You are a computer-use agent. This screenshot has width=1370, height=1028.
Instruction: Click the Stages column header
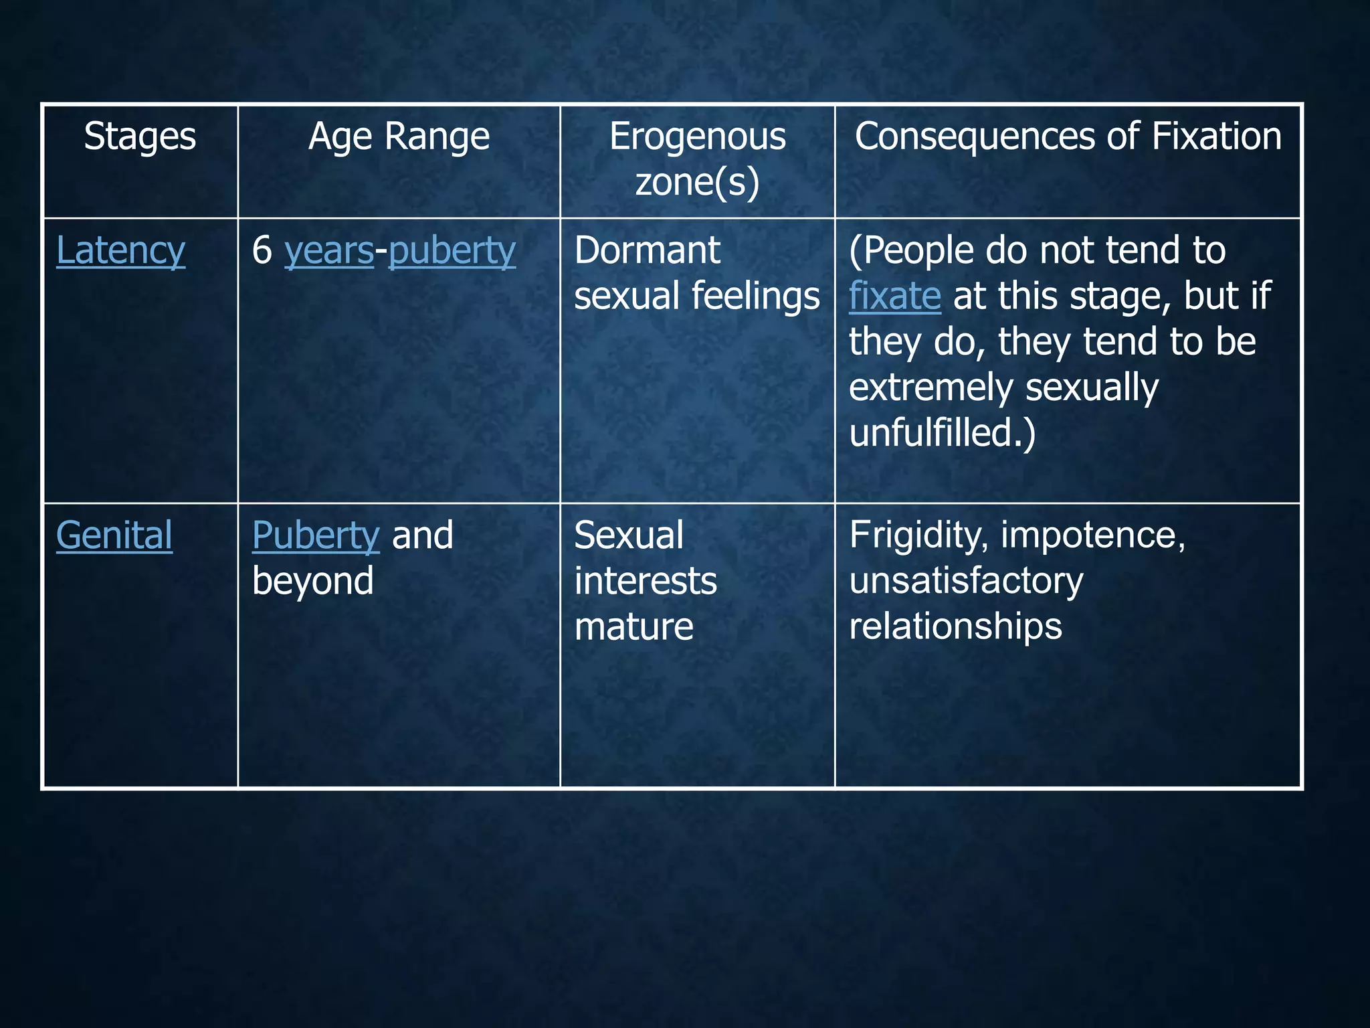click(x=140, y=137)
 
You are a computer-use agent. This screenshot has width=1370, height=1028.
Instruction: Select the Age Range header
click(x=399, y=137)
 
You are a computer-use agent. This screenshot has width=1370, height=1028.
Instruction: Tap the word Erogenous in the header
click(x=697, y=137)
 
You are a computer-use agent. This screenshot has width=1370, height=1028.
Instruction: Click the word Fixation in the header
click(x=1216, y=137)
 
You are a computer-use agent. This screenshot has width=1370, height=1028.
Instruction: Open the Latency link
click(x=120, y=251)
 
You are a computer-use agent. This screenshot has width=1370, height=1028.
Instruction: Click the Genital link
click(x=114, y=535)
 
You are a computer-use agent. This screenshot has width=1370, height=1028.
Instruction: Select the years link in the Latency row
click(x=328, y=251)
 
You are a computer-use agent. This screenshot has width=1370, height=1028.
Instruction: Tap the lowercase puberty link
click(x=452, y=251)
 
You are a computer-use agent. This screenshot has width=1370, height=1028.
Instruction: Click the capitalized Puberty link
click(x=316, y=535)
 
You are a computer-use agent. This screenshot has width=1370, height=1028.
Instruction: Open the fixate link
click(x=894, y=296)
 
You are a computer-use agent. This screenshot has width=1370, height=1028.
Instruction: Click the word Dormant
click(x=647, y=251)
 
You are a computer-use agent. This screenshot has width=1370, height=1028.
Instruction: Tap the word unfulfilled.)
click(x=942, y=433)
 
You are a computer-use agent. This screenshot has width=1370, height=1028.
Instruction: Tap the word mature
click(x=633, y=626)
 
